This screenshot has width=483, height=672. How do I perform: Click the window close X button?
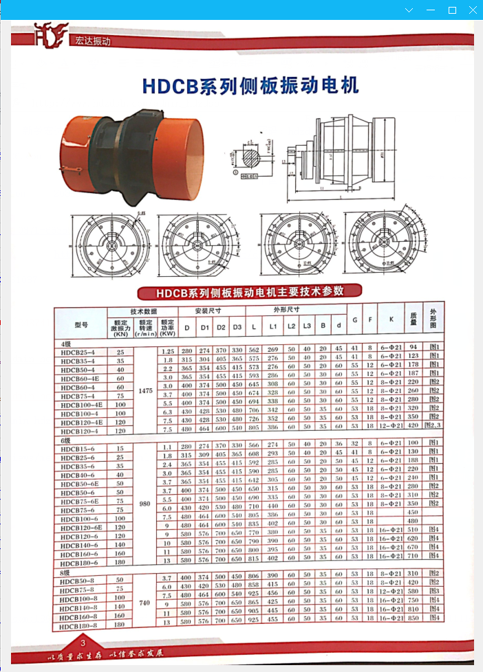(x=472, y=10)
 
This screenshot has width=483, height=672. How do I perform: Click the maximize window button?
(x=452, y=10)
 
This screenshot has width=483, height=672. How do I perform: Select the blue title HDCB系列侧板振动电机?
(x=250, y=86)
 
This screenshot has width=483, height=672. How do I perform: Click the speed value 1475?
(x=145, y=390)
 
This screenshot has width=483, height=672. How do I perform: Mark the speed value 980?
(x=145, y=503)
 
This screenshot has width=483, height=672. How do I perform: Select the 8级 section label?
(x=66, y=572)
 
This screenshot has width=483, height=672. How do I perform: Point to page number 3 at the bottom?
(x=83, y=643)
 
